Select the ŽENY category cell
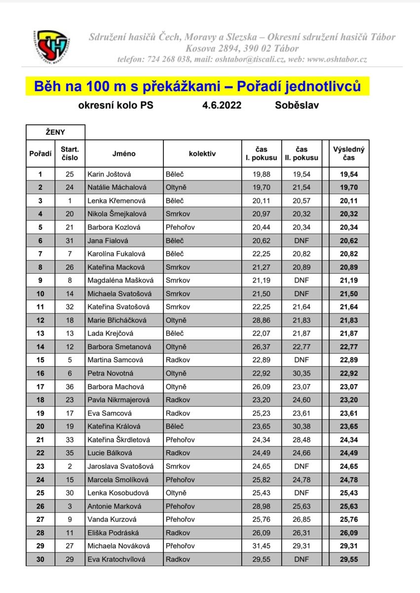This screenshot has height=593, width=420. (x=55, y=132)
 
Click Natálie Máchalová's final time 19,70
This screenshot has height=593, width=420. (x=348, y=187)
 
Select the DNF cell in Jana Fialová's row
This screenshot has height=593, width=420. (x=301, y=241)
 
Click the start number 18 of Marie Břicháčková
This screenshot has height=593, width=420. (x=70, y=320)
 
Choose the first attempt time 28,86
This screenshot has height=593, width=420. (x=262, y=320)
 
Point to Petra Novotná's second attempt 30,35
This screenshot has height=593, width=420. (x=301, y=374)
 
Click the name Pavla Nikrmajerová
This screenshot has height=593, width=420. (x=120, y=400)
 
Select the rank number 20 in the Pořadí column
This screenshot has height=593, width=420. (x=40, y=426)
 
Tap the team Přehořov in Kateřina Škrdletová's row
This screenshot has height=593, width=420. (x=180, y=440)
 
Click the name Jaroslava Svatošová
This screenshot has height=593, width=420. (x=120, y=466)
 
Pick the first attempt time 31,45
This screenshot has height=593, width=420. (x=262, y=546)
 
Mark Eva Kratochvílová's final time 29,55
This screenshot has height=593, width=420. (x=348, y=559)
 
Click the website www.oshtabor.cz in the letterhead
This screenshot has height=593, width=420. (x=337, y=59)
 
